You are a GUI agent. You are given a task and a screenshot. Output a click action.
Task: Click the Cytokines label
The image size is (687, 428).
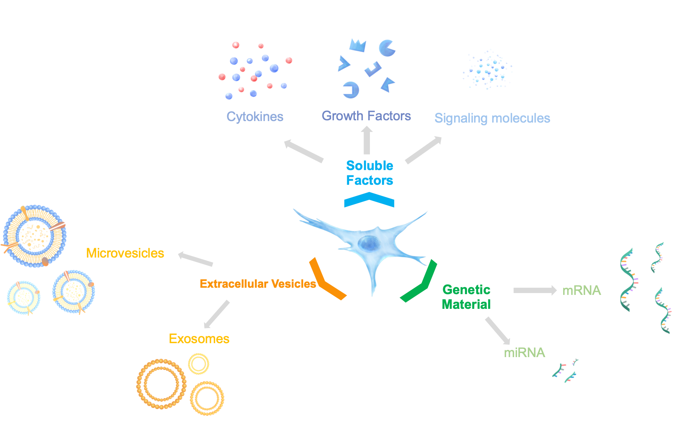(255, 117)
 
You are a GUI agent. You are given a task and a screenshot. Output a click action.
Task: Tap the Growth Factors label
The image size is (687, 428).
(366, 116)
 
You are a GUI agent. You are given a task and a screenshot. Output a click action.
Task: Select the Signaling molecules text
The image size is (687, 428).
(492, 118)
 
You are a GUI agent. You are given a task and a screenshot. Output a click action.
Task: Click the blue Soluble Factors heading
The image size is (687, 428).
(370, 173)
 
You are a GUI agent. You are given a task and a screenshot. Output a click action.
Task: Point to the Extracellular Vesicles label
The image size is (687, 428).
(257, 284)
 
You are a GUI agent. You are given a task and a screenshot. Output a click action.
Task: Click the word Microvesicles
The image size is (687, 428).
(125, 253)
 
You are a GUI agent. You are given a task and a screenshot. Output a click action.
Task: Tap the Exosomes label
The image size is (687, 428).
(199, 339)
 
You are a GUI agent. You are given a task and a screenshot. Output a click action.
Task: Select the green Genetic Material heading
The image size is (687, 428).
(466, 297)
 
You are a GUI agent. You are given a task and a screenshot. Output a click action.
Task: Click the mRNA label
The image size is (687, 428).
(581, 290)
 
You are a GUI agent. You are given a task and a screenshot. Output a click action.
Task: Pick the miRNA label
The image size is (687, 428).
(524, 353)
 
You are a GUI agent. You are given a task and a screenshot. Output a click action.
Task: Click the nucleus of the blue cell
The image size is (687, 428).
(368, 243)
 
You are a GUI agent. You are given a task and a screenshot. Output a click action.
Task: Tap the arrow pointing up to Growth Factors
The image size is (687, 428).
(367, 140)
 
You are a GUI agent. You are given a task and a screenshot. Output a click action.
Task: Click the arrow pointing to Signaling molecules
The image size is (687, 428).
(424, 150)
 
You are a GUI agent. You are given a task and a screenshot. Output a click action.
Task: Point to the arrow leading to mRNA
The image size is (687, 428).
(535, 290)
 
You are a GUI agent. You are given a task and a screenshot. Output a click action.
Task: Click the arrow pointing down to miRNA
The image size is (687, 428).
(498, 331)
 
